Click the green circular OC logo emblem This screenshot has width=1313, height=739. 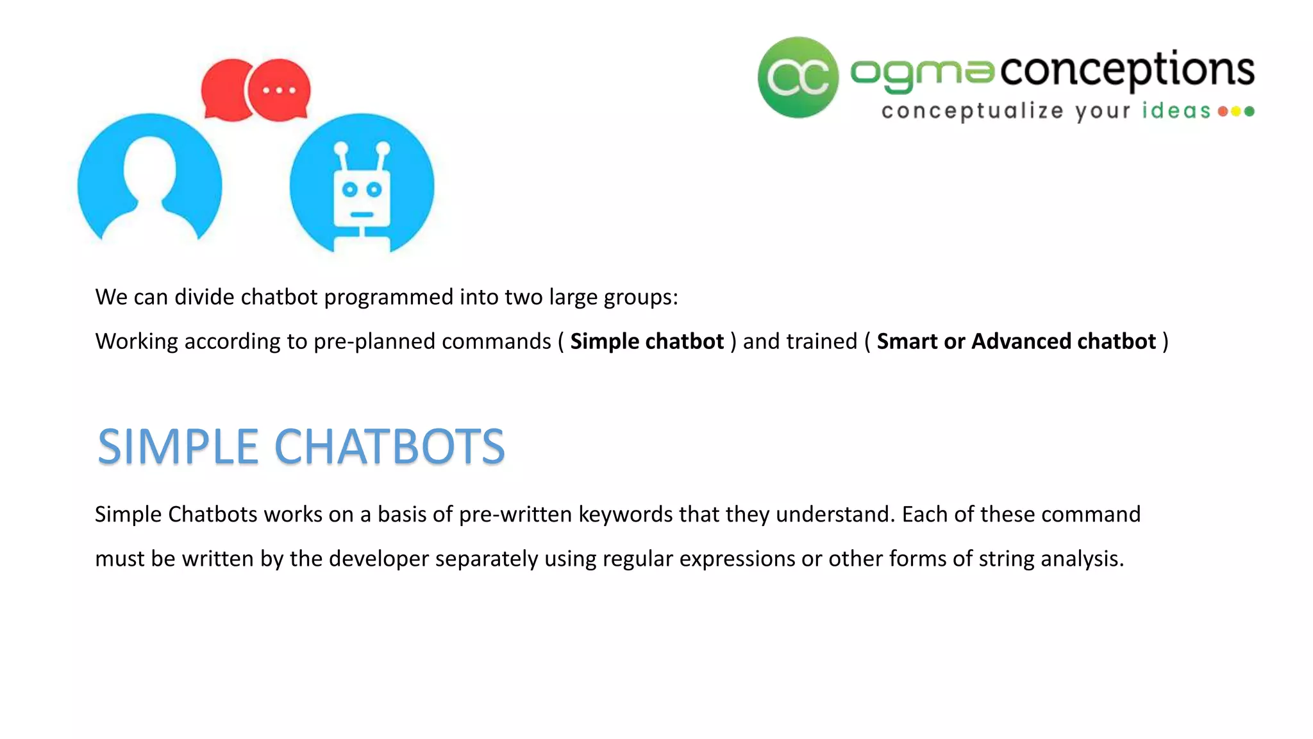[x=798, y=78]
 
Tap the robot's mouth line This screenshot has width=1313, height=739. [x=362, y=214]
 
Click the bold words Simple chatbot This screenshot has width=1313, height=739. [x=647, y=341]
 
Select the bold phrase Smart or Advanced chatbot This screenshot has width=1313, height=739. [x=1016, y=341]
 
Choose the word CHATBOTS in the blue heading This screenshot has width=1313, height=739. [x=390, y=446]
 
